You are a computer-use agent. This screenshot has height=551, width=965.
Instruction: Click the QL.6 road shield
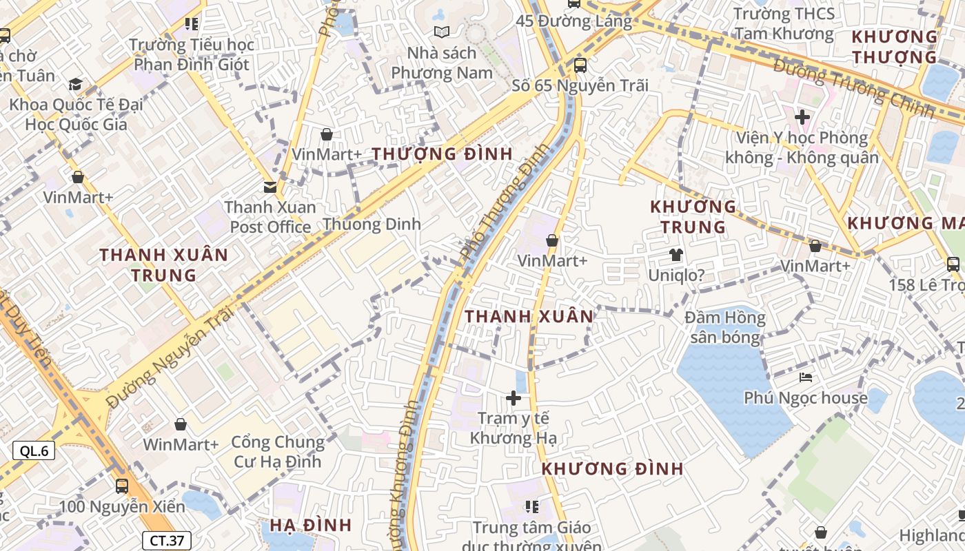click(34, 451)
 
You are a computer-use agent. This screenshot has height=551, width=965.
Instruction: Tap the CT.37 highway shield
click(166, 541)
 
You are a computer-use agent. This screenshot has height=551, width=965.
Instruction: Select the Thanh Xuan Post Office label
click(270, 217)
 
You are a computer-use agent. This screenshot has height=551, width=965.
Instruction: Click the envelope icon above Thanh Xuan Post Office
click(270, 187)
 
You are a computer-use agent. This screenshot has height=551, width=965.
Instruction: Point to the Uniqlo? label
click(676, 275)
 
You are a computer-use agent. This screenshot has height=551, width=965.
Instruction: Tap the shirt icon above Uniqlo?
click(675, 255)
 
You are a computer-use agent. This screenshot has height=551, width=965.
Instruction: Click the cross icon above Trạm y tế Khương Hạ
click(513, 398)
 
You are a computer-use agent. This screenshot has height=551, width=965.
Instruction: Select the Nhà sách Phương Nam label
click(442, 63)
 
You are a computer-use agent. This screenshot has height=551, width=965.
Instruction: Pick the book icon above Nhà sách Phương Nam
click(442, 32)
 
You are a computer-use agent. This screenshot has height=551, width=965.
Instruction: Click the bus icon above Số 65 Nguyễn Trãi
click(580, 65)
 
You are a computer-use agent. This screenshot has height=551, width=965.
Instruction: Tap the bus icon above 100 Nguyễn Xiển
click(122, 486)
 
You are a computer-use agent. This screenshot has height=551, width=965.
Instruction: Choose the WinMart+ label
click(181, 444)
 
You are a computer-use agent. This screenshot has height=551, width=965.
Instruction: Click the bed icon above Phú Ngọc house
click(806, 377)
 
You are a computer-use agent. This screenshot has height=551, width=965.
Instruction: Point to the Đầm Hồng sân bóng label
click(725, 327)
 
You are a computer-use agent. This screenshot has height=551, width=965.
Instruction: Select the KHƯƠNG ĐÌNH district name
click(612, 469)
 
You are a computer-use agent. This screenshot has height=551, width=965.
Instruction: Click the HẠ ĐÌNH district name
click(310, 525)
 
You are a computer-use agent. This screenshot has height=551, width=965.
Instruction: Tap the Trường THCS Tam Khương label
click(784, 23)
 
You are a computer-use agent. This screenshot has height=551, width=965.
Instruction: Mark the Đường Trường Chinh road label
click(853, 87)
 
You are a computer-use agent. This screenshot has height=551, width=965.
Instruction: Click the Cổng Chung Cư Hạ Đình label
click(278, 451)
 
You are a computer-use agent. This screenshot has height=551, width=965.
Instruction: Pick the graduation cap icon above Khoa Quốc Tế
click(75, 85)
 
